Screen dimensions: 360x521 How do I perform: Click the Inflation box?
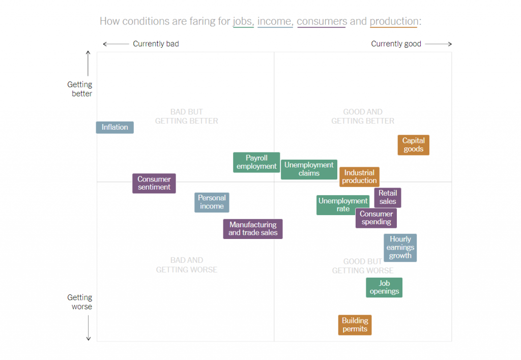(115, 127)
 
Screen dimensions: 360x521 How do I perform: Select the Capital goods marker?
(413, 145)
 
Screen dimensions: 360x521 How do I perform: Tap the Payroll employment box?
(256, 162)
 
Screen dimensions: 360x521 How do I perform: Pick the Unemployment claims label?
(309, 169)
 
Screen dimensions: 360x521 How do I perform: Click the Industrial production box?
(359, 177)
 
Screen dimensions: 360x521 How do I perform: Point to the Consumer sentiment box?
(154, 183)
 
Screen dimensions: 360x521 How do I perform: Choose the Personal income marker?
(212, 202)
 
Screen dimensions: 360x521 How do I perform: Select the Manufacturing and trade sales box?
(253, 229)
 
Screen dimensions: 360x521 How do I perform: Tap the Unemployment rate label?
(343, 205)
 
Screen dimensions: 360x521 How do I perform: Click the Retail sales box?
(388, 197)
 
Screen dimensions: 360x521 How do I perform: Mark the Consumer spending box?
(376, 218)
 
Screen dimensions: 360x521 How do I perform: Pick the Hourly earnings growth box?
(400, 248)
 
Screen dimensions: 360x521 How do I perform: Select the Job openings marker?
(384, 287)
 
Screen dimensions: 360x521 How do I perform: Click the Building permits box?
(355, 325)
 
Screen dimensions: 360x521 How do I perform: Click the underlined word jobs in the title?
(243, 21)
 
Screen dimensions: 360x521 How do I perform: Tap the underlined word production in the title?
(394, 21)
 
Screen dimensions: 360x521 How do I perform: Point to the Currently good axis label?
(396, 44)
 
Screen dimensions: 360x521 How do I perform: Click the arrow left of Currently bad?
(115, 44)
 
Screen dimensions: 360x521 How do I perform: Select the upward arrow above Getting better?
(88, 63)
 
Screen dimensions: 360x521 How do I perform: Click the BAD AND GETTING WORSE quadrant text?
(187, 265)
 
